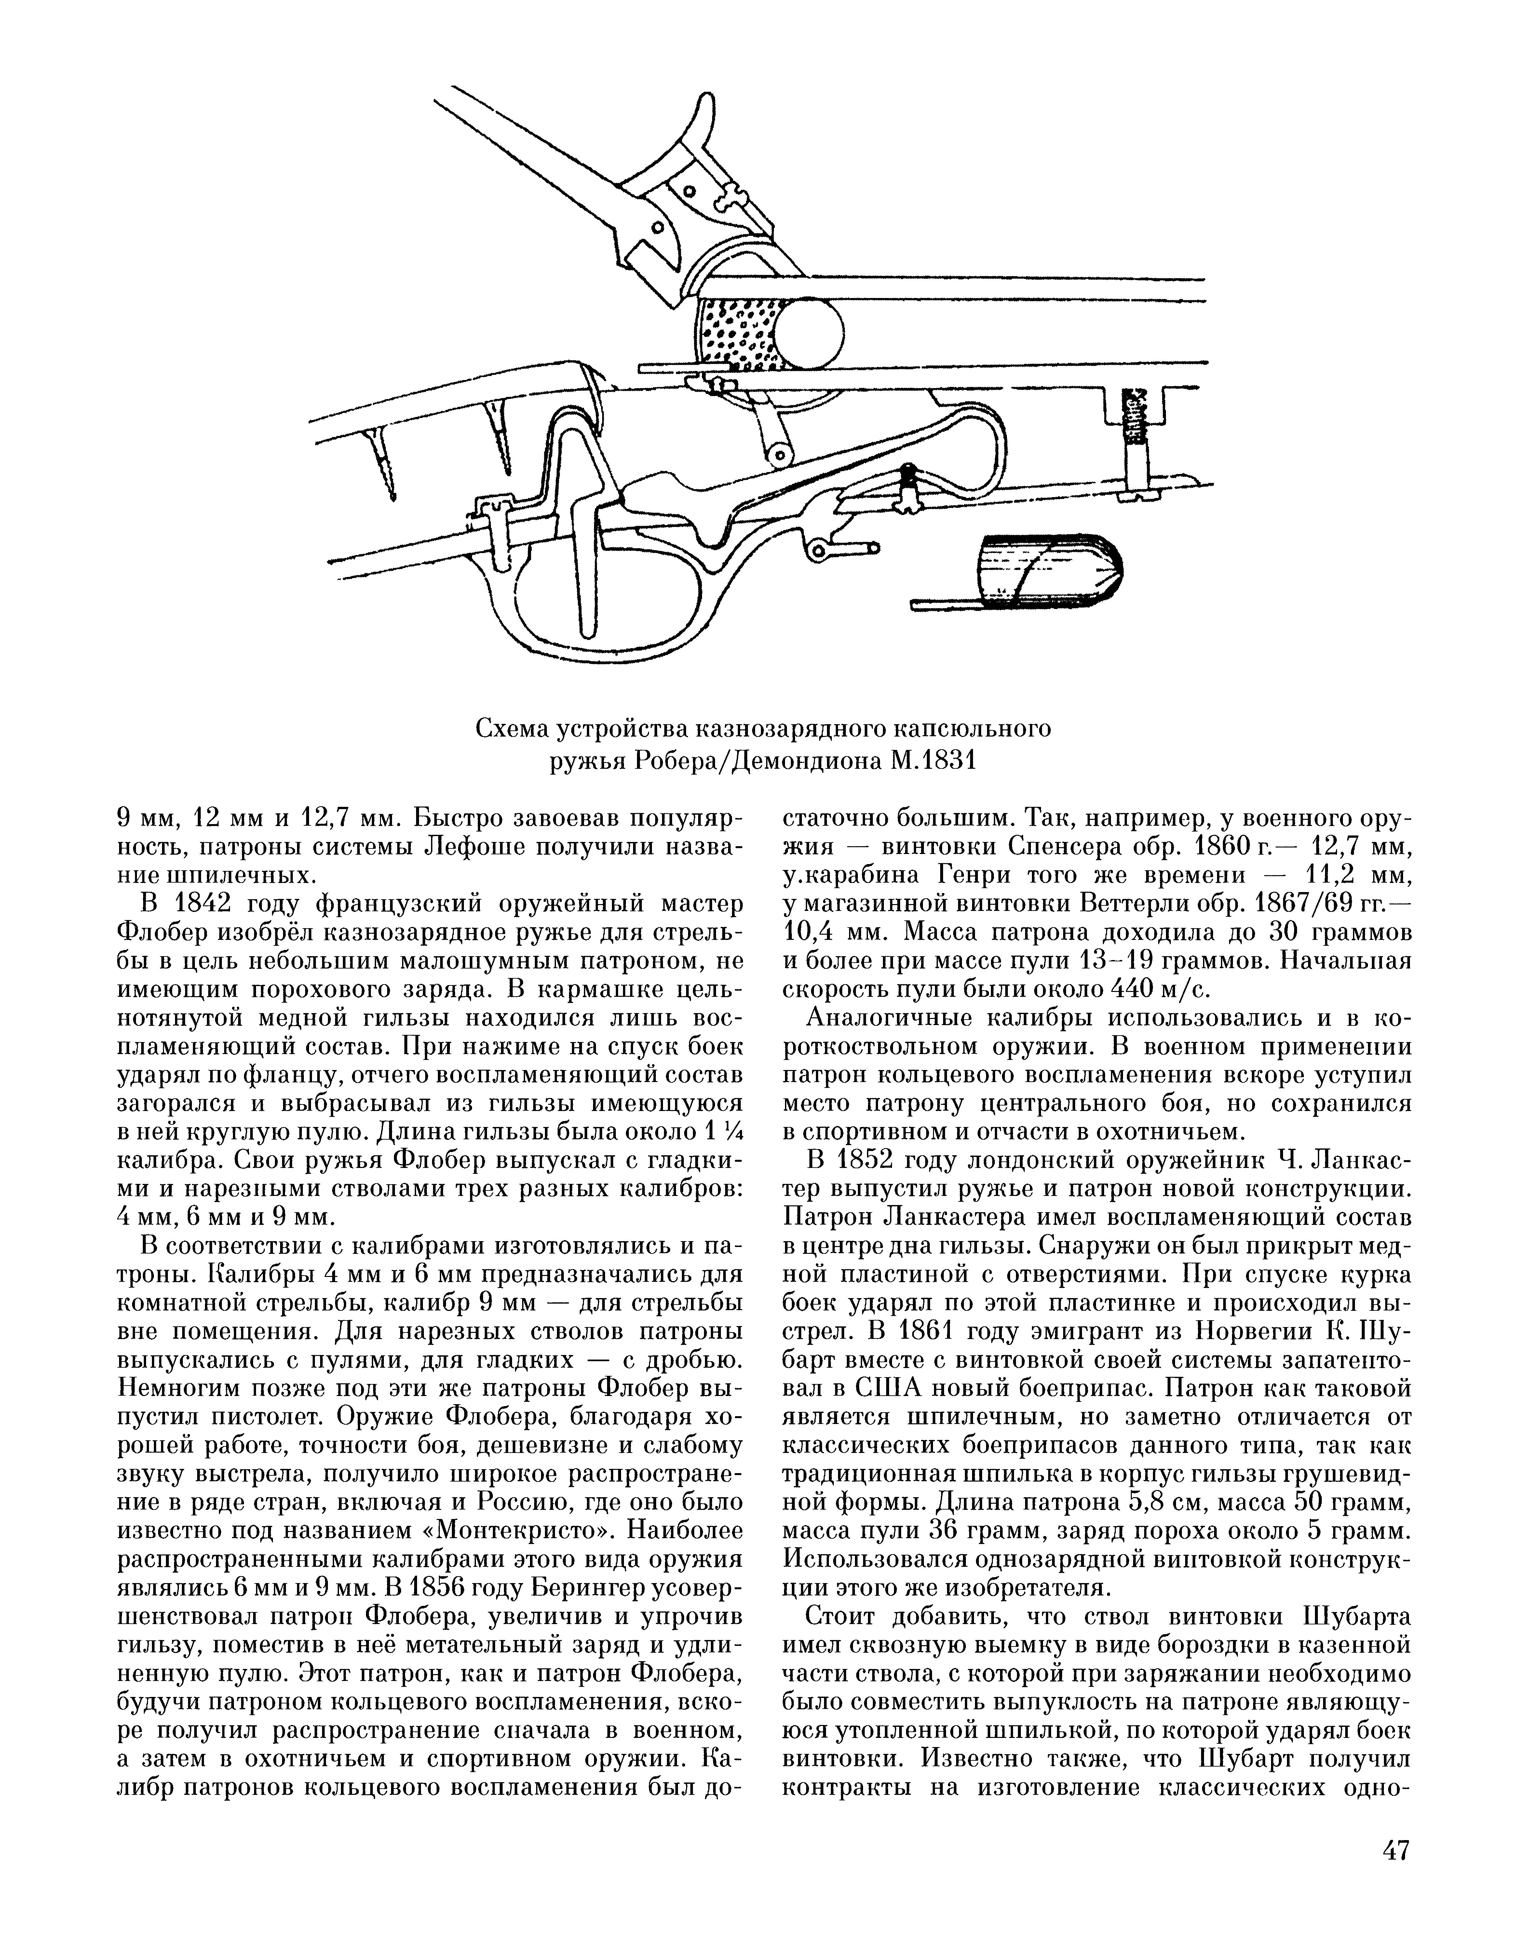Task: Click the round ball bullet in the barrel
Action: pos(809,332)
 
